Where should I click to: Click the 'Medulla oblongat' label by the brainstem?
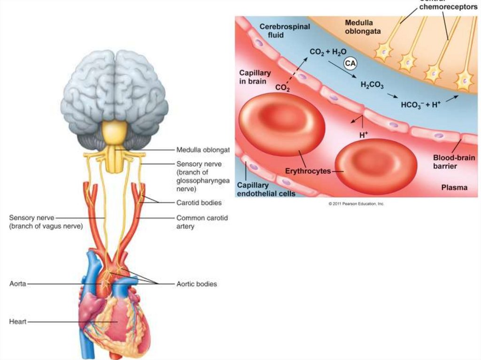pyautogui.click(x=202, y=150)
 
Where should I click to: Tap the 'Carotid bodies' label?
pyautogui.click(x=199, y=203)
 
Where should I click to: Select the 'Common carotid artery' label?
pyautogui.click(x=199, y=222)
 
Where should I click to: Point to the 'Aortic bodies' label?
pyautogui.click(x=196, y=284)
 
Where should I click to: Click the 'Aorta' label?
pyautogui.click(x=17, y=284)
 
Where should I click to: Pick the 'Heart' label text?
pyautogui.click(x=18, y=322)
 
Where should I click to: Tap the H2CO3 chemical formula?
pyautogui.click(x=371, y=84)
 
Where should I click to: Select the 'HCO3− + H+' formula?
pyautogui.click(x=420, y=105)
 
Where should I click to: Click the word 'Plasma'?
pyautogui.click(x=454, y=188)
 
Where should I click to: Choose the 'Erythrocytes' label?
pyautogui.click(x=308, y=171)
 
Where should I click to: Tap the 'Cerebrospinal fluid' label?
pyautogui.click(x=284, y=31)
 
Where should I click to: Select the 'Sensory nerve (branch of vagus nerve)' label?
pyautogui.click(x=46, y=222)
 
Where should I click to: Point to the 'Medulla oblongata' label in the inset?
pyautogui.click(x=362, y=27)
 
